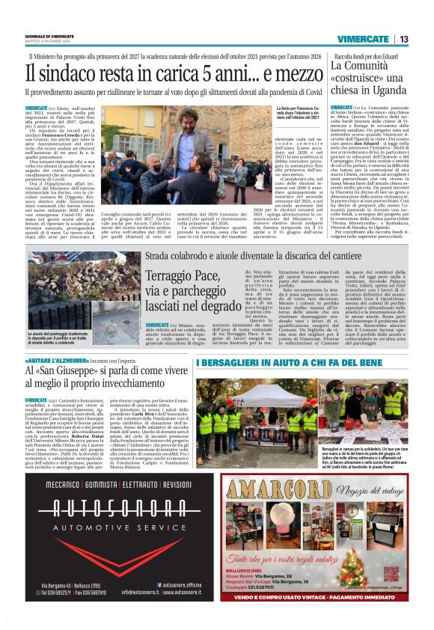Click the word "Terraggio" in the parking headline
[169, 275]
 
